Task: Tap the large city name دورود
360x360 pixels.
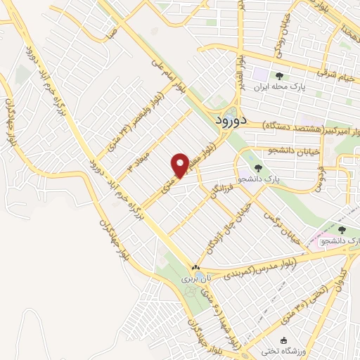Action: tap(230, 120)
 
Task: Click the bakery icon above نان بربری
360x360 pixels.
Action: tap(196, 268)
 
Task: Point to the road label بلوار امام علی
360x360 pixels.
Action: tap(166, 79)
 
